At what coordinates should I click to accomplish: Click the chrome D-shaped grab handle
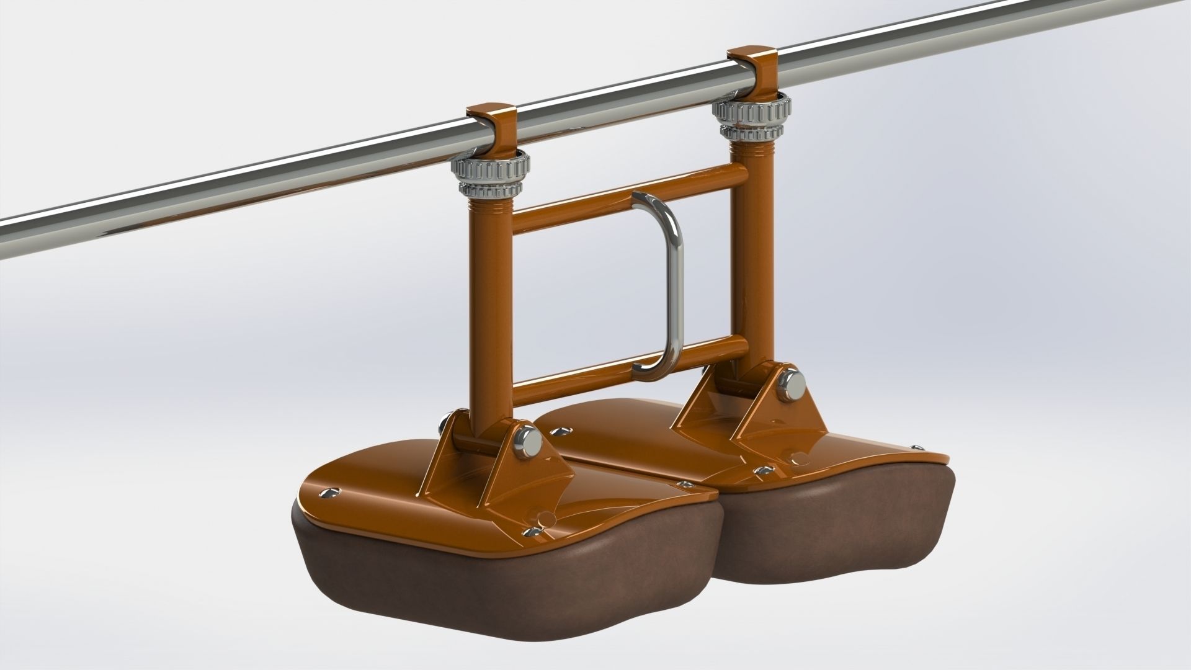674,279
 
